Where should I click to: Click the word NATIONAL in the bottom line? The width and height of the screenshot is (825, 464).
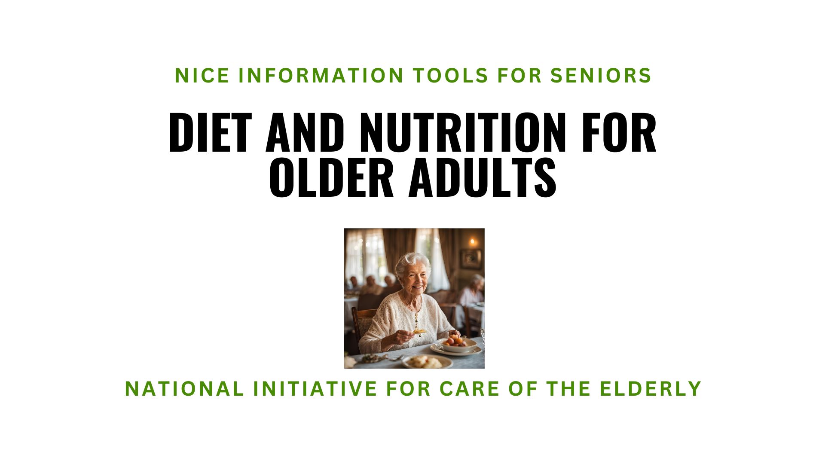184,389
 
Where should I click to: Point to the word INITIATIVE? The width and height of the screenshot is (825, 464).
315,389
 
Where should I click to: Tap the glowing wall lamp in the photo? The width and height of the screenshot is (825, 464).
473,242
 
